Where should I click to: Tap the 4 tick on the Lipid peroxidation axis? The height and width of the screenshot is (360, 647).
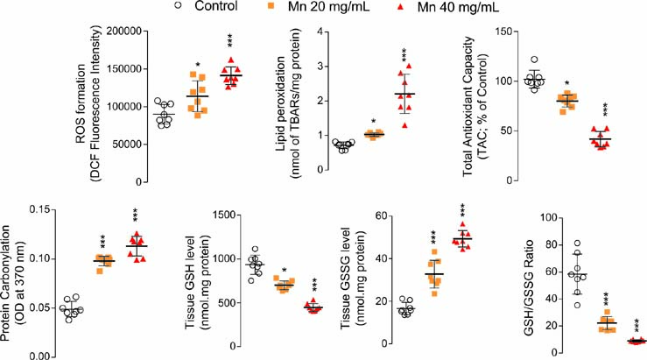(299, 31)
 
